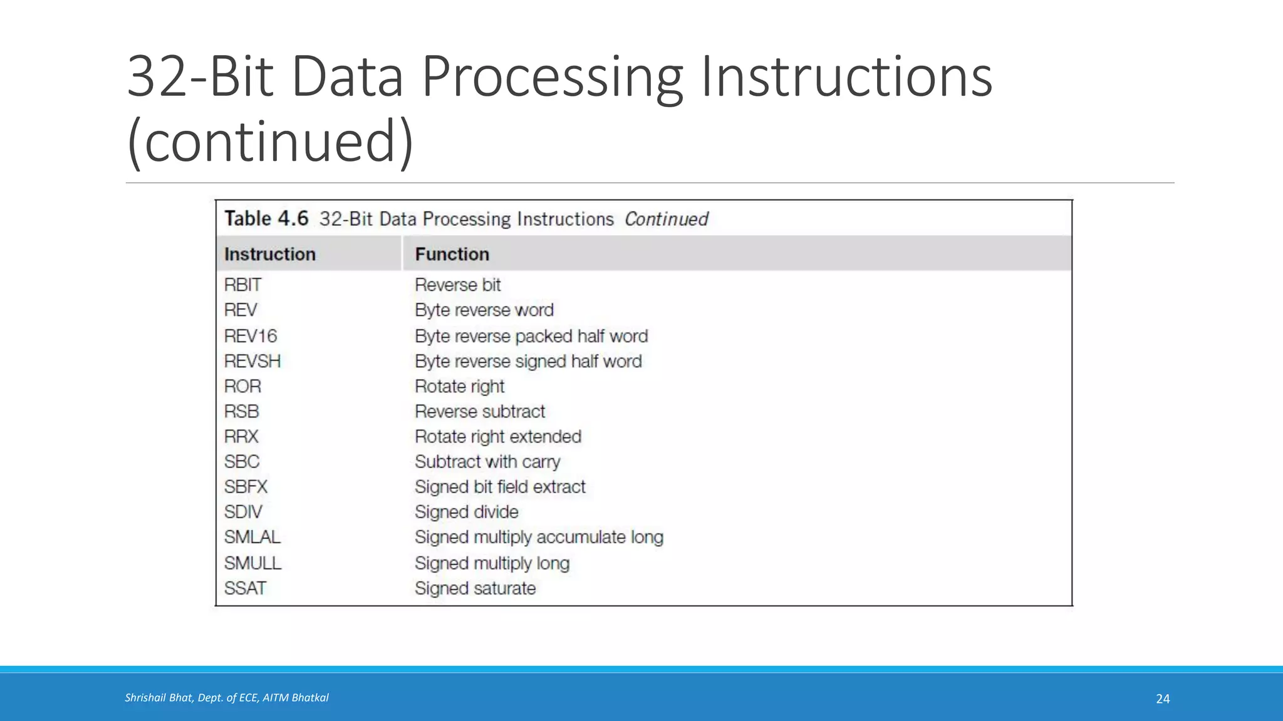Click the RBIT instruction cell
[242, 285]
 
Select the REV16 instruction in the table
[251, 336]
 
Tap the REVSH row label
[252, 361]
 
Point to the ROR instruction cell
[242, 386]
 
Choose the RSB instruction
[241, 411]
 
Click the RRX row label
[241, 436]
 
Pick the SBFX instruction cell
[246, 486]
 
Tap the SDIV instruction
[243, 512]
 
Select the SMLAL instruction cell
[252, 537]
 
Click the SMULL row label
[252, 563]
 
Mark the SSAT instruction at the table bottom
[245, 588]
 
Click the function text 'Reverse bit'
[457, 285]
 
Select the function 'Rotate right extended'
[498, 436]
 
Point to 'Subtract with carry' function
[487, 462]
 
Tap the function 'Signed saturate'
[475, 588]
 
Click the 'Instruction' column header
[270, 254]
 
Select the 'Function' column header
[452, 254]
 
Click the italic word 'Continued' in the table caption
[667, 219]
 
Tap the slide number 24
[1163, 699]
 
